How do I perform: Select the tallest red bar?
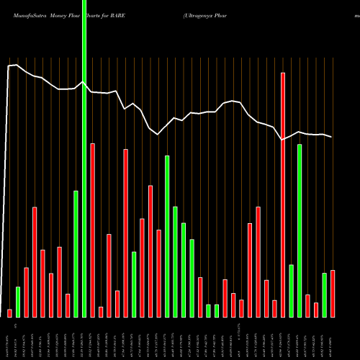[x=283, y=194]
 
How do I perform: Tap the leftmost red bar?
[x=9, y=313]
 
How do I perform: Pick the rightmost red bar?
[x=333, y=293]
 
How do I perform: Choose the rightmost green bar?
[x=324, y=295]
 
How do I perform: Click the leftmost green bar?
[x=18, y=302]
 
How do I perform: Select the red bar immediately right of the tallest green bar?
[x=93, y=230]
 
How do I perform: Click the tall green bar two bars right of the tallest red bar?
[x=300, y=230]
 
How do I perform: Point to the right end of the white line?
[x=332, y=137]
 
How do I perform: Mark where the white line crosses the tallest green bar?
[x=84, y=82]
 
